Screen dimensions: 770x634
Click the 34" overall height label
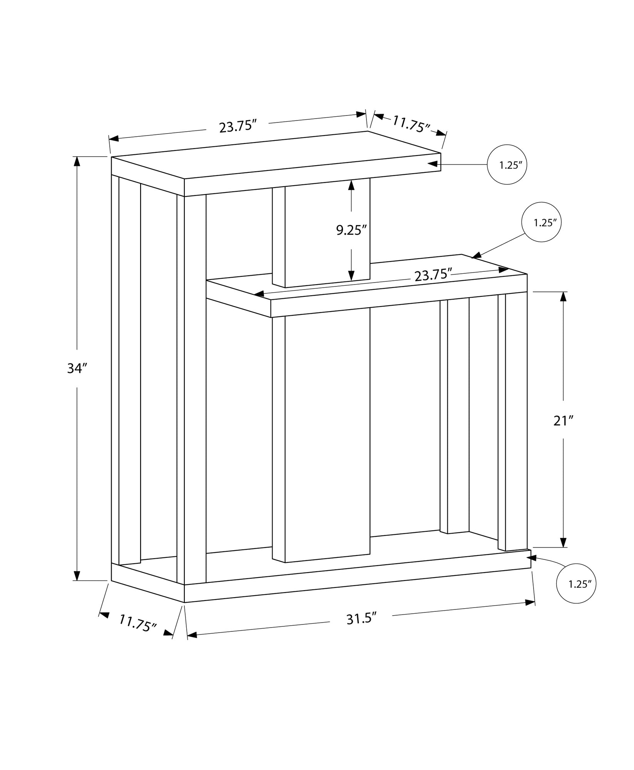(75, 368)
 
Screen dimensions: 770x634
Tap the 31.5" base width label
(361, 619)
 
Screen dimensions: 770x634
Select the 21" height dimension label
(564, 421)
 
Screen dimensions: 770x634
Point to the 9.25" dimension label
(350, 230)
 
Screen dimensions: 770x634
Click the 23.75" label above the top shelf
(238, 126)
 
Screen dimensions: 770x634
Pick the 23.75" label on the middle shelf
(433, 275)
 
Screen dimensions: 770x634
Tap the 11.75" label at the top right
(411, 124)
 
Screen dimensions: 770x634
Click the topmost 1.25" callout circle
(507, 165)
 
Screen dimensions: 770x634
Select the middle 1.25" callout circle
(541, 222)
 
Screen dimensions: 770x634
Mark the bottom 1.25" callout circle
(576, 584)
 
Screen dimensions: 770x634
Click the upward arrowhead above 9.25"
(351, 185)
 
